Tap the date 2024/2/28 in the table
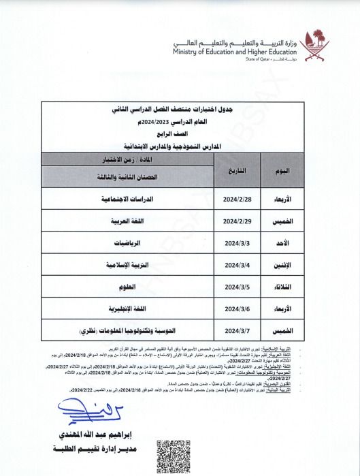[238, 200]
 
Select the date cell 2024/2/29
[238, 222]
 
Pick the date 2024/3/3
[238, 243]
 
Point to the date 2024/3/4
[238, 265]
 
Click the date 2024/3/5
[238, 287]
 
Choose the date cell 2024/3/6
[238, 308]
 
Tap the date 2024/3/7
[238, 330]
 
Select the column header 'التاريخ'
[237, 168]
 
